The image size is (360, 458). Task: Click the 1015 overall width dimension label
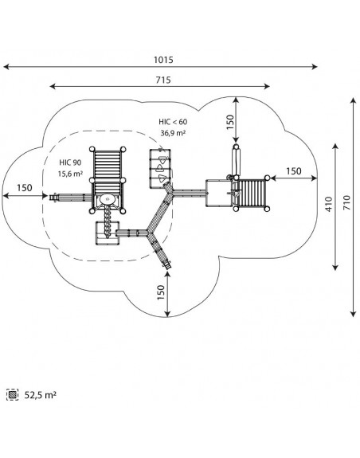163,60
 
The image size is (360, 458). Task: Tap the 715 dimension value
163,80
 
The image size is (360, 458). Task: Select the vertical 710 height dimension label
347,202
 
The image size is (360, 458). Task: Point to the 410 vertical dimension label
329,204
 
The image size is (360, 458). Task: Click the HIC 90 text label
70,162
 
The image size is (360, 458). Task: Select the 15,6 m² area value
70,174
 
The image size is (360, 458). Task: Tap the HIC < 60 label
173,122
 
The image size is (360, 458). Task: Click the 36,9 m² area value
173,133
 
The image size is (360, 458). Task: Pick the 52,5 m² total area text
41,395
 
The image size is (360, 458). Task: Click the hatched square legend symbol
13,395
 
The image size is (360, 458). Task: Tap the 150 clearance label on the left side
25,188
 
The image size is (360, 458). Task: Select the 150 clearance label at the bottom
161,292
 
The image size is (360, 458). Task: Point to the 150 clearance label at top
230,123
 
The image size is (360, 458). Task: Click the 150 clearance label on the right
293,171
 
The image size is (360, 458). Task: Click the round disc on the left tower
108,200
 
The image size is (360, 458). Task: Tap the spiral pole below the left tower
108,221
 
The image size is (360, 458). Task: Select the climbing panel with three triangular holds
160,169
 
